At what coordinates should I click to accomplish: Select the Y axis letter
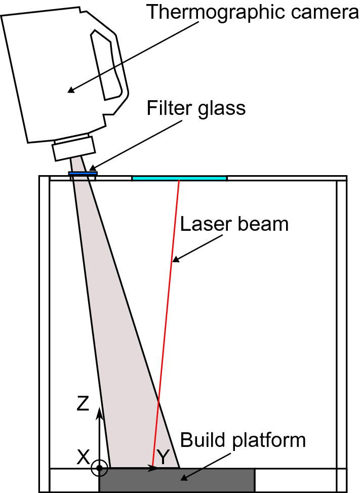[163, 458]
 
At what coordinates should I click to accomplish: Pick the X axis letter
[83, 458]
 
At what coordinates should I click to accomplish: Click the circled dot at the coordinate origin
[100, 468]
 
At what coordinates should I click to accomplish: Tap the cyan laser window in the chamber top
[179, 178]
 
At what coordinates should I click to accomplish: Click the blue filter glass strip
[83, 174]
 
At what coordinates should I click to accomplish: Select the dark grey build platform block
[177, 479]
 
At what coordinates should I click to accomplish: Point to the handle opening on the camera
[107, 64]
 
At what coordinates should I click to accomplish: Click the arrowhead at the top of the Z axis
[100, 411]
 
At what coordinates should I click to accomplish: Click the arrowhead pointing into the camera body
[71, 91]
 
